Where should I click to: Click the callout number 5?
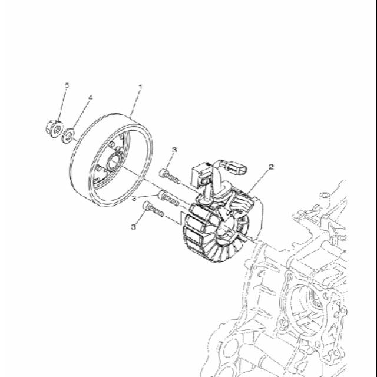[67, 85]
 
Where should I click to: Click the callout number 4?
[90, 97]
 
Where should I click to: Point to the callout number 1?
[140, 87]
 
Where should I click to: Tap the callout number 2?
[271, 167]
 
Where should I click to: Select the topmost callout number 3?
[174, 150]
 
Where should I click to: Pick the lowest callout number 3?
[134, 226]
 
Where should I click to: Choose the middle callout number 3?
[134, 199]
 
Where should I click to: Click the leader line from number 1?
[135, 103]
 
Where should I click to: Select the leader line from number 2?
[259, 180]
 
